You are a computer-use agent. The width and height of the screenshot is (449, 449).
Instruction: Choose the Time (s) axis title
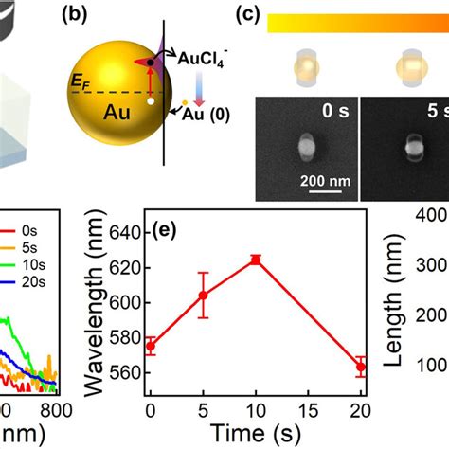(x=255, y=433)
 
